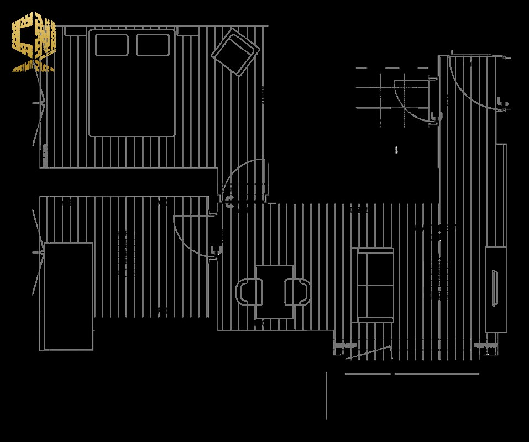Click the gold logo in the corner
pos(34,43)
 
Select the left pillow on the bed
pos(112,45)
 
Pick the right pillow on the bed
pos(153,45)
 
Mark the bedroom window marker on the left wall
pos(40,104)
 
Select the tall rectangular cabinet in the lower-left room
pos(69,296)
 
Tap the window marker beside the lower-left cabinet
pos(40,252)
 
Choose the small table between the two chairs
pos(274,291)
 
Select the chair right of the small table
pos(298,292)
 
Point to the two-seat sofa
pos(374,285)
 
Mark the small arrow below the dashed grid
pos(396,150)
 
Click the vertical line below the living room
pos(327,395)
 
